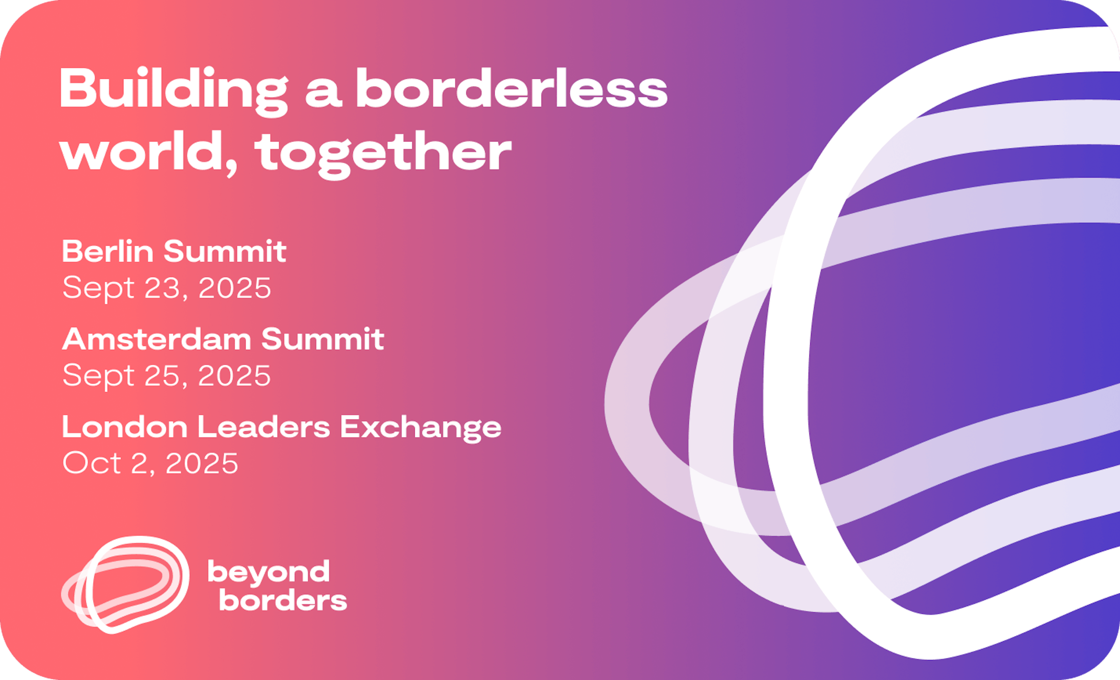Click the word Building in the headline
[x=174, y=91]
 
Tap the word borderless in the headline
[x=512, y=88]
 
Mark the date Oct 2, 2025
[x=150, y=464]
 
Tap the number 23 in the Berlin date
[x=162, y=288]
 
